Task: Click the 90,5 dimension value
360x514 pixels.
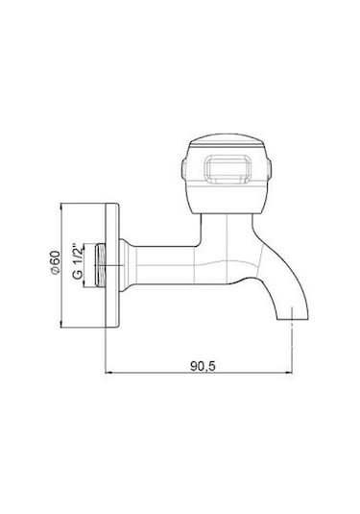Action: [203, 366]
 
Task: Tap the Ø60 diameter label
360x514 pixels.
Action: [56, 262]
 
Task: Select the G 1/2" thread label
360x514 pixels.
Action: [78, 261]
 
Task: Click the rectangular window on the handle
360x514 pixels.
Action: [228, 169]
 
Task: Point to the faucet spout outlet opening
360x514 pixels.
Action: [293, 318]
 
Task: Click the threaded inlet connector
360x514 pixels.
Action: [100, 265]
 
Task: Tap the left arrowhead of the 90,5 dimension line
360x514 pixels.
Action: [108, 373]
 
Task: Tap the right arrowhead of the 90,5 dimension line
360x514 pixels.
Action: [289, 373]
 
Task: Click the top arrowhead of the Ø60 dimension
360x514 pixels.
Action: [60, 207]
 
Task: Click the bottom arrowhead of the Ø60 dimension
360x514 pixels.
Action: [60, 324]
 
